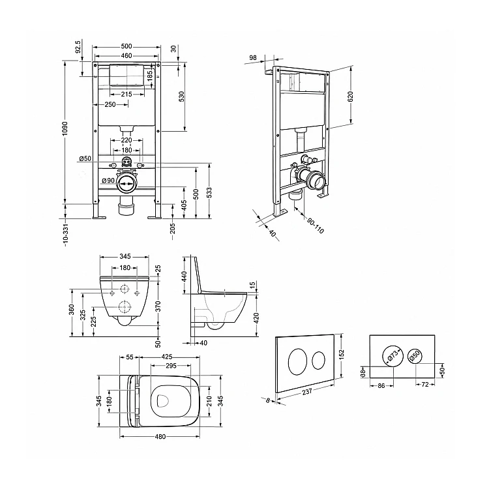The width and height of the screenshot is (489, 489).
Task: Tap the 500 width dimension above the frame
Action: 126,46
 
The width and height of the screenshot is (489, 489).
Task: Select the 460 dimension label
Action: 126,56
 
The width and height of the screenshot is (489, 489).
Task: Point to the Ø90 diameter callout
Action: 108,181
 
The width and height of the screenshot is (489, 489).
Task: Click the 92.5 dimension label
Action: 78,46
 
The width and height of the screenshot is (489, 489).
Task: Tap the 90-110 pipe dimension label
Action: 316,226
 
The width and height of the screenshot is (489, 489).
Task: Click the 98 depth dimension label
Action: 253,57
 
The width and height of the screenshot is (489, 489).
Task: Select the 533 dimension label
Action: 209,193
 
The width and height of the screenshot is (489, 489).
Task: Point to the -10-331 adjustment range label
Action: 65,235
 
